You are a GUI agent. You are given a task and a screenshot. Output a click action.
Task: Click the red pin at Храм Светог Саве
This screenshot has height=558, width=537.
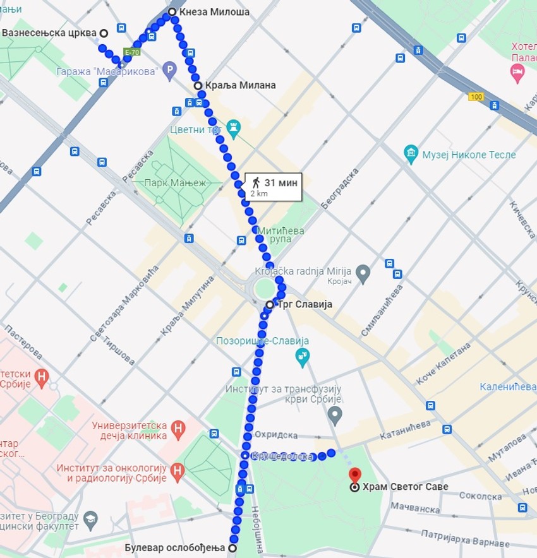tap(354, 474)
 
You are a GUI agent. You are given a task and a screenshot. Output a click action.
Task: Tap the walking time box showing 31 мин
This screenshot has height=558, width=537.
tap(273, 187)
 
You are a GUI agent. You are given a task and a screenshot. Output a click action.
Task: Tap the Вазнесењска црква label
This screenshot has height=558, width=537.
tap(49, 33)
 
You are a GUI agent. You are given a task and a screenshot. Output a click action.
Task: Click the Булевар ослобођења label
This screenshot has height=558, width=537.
tap(174, 548)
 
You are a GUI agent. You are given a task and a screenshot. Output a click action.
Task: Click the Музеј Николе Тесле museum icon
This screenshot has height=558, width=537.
tap(411, 154)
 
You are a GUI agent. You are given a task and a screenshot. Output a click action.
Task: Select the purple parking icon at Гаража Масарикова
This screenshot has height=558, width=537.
tap(169, 70)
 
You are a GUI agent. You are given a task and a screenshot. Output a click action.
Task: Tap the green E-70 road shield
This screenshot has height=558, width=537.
tap(131, 52)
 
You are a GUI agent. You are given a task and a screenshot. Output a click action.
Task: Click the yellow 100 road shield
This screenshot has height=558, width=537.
tap(476, 97)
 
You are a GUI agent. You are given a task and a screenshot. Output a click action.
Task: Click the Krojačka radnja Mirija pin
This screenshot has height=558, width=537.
tap(362, 274)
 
